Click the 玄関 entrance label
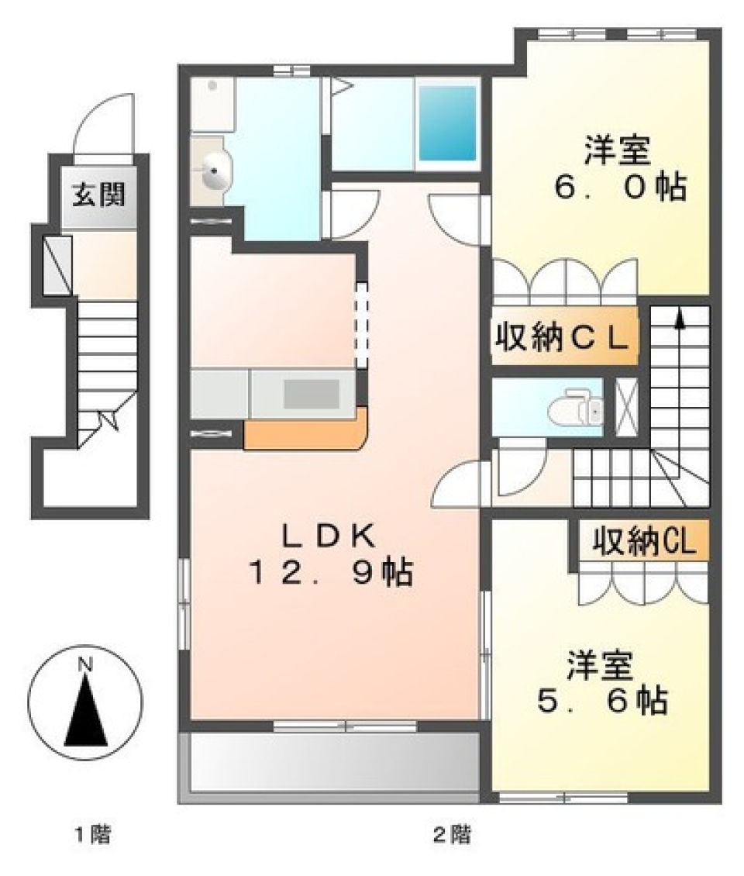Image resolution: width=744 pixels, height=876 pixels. pos(99,195)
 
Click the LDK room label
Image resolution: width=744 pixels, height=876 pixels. pos(329,536)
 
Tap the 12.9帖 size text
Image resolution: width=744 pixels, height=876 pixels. pos(329,574)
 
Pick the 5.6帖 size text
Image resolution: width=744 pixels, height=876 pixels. pos(601,702)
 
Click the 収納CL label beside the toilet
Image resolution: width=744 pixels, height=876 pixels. pos(563,340)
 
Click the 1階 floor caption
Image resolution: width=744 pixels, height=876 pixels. pos(93,836)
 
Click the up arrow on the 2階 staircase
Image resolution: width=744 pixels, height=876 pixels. pos(680,319)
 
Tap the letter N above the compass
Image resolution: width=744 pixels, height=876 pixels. pos(85,664)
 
